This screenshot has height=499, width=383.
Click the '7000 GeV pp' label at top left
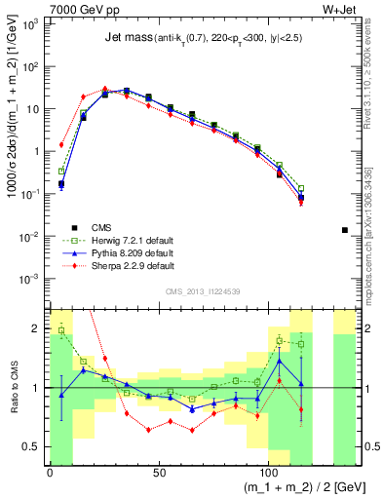(x=79, y=9)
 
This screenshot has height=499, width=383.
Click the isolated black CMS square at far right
(x=345, y=230)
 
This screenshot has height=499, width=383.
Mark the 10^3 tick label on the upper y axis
(x=31, y=23)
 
